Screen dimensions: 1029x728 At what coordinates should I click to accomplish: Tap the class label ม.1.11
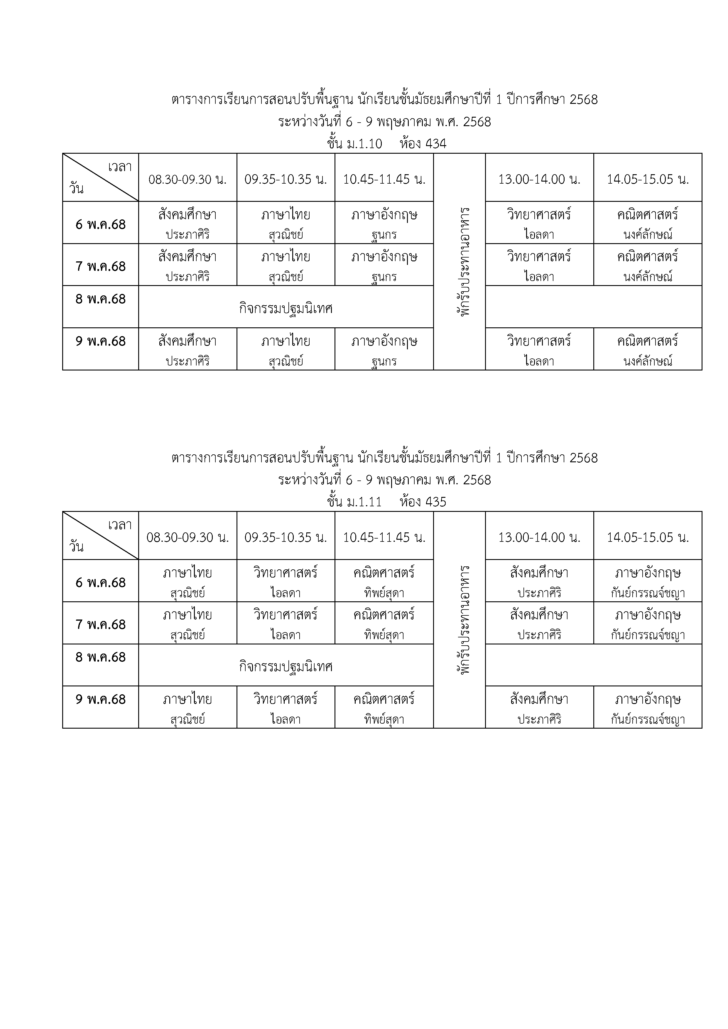pos(364,502)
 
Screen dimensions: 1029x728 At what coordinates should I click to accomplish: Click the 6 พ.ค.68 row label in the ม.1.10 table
pos(100,224)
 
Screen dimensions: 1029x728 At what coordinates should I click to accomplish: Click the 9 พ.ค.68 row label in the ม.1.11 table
pos(100,699)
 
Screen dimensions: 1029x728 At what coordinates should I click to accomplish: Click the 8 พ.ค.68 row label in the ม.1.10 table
pos(100,299)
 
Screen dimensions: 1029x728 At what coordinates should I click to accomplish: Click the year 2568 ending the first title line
pos(584,99)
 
